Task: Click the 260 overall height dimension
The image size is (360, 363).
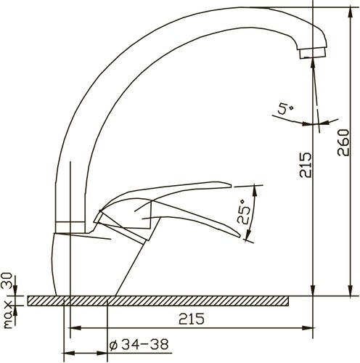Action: click(x=343, y=143)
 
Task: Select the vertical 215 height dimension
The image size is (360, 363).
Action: click(x=306, y=165)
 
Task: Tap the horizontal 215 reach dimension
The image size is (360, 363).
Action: click(x=192, y=319)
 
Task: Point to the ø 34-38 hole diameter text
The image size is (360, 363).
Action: click(x=139, y=344)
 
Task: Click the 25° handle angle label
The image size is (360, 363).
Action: click(x=244, y=212)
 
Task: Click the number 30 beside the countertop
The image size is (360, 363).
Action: click(x=7, y=281)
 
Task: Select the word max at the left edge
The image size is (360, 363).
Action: click(x=8, y=314)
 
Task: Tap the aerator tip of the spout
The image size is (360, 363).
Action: click(x=313, y=53)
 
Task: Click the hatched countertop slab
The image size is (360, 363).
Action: click(x=158, y=301)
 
